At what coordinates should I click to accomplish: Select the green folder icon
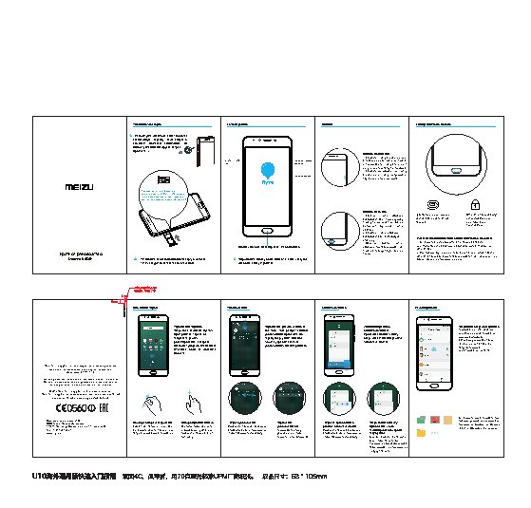(421, 418)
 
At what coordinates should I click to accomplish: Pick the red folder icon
(433, 418)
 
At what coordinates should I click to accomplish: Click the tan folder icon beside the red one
(446, 418)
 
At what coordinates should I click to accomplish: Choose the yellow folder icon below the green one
(421, 432)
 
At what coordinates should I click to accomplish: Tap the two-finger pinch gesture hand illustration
(149, 403)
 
